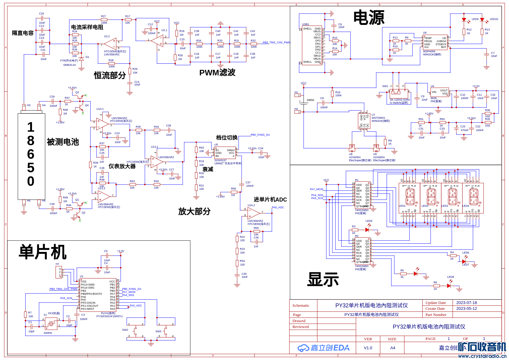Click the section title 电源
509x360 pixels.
pos(368,18)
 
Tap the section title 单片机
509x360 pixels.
pos(42,252)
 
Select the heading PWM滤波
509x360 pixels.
pos(217,73)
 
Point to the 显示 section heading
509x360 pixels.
pos(323,279)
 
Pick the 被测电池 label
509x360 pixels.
pos(63,142)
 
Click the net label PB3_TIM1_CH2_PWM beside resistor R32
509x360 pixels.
pos(276,43)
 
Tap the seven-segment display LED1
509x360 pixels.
pos(410,198)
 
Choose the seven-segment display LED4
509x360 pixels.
pos(473,198)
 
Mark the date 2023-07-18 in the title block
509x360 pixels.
pos(466,303)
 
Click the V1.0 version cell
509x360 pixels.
pos(368,348)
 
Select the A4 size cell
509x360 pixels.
pos(392,348)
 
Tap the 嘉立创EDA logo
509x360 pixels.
pos(324,348)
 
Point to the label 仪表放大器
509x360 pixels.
pos(122,166)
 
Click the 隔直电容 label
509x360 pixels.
pos(22,33)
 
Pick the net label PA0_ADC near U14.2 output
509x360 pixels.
pos(278,207)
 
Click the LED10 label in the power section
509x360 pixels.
pos(494,19)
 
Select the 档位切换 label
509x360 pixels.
pos(227,138)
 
